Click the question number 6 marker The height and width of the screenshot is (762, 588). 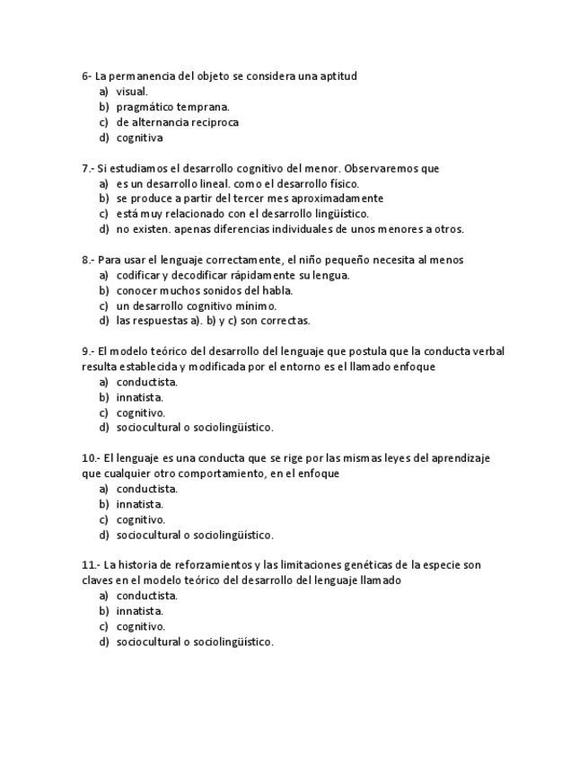[86, 76]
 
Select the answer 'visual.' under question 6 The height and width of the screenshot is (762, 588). [132, 92]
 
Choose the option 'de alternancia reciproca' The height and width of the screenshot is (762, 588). [177, 122]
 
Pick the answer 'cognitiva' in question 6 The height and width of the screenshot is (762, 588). [139, 137]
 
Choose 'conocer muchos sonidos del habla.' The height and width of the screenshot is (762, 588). [205, 290]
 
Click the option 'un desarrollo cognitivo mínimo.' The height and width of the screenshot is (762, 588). [196, 306]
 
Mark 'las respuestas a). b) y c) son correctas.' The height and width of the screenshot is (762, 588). [213, 321]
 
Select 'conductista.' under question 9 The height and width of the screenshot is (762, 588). [146, 382]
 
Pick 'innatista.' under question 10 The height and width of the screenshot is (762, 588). [139, 504]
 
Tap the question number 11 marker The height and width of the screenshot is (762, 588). [90, 565]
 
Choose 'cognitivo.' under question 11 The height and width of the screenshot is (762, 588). [140, 626]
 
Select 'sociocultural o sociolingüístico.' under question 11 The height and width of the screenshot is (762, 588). [195, 642]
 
